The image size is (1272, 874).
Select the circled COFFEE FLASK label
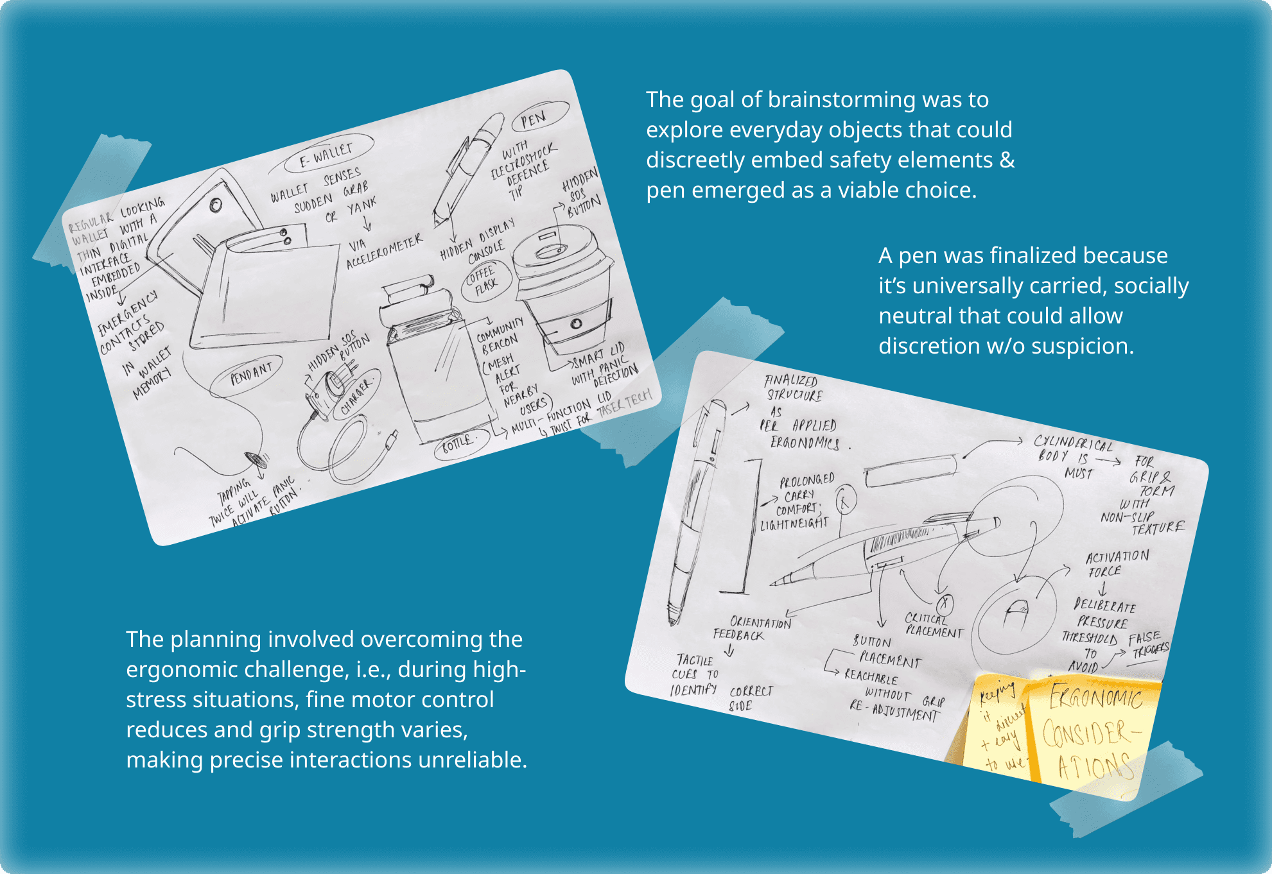[x=485, y=280]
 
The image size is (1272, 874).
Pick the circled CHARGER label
[x=357, y=394]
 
